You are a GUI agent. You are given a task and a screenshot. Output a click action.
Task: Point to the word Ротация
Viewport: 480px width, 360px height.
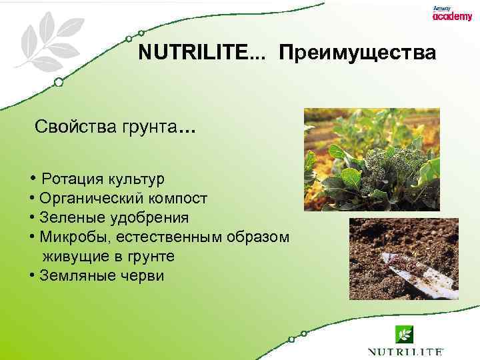[x=70, y=179]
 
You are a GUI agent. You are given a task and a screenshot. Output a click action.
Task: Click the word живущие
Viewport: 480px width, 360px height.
[x=71, y=257]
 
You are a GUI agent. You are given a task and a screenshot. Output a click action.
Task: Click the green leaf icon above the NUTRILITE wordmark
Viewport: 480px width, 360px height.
[x=405, y=333]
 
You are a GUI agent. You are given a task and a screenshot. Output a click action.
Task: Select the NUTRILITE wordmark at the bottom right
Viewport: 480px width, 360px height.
[x=405, y=351]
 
